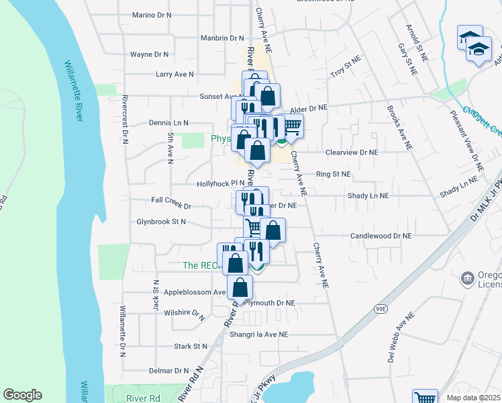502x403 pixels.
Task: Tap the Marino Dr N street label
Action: [152, 15]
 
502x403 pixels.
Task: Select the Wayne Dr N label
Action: [149, 54]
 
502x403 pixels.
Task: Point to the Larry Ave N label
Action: [174, 75]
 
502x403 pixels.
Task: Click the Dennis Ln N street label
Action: [168, 123]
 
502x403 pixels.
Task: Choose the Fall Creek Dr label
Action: [171, 199]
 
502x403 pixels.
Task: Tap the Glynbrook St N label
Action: [161, 221]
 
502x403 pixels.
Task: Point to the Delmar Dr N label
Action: [168, 371]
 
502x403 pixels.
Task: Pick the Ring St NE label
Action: [334, 174]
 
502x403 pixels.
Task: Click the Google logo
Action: [22, 395]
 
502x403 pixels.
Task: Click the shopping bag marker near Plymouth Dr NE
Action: [240, 287]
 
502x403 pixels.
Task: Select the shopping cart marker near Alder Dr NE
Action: [291, 125]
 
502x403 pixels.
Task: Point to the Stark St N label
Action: [191, 347]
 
